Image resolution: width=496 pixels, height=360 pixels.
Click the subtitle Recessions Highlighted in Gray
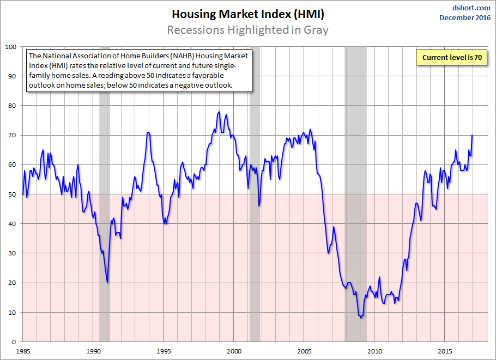click(x=247, y=29)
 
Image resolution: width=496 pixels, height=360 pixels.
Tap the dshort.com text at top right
click(x=472, y=8)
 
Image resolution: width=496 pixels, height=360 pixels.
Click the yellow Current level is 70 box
click(x=451, y=57)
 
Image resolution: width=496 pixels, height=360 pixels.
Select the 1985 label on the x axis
click(x=23, y=351)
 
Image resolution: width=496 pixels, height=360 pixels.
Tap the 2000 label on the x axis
click(x=234, y=351)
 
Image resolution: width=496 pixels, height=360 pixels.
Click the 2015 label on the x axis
click(x=445, y=351)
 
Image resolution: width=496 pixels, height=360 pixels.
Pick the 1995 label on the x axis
click(x=164, y=351)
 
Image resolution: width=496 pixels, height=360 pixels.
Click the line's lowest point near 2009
click(x=361, y=318)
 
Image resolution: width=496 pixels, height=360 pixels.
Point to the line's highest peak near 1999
click(x=219, y=112)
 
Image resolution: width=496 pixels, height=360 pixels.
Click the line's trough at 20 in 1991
click(x=107, y=282)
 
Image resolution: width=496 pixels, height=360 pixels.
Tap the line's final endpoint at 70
click(x=472, y=136)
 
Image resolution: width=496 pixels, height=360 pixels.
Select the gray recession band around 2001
click(x=254, y=218)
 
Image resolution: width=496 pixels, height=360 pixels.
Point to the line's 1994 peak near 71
click(x=148, y=132)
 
